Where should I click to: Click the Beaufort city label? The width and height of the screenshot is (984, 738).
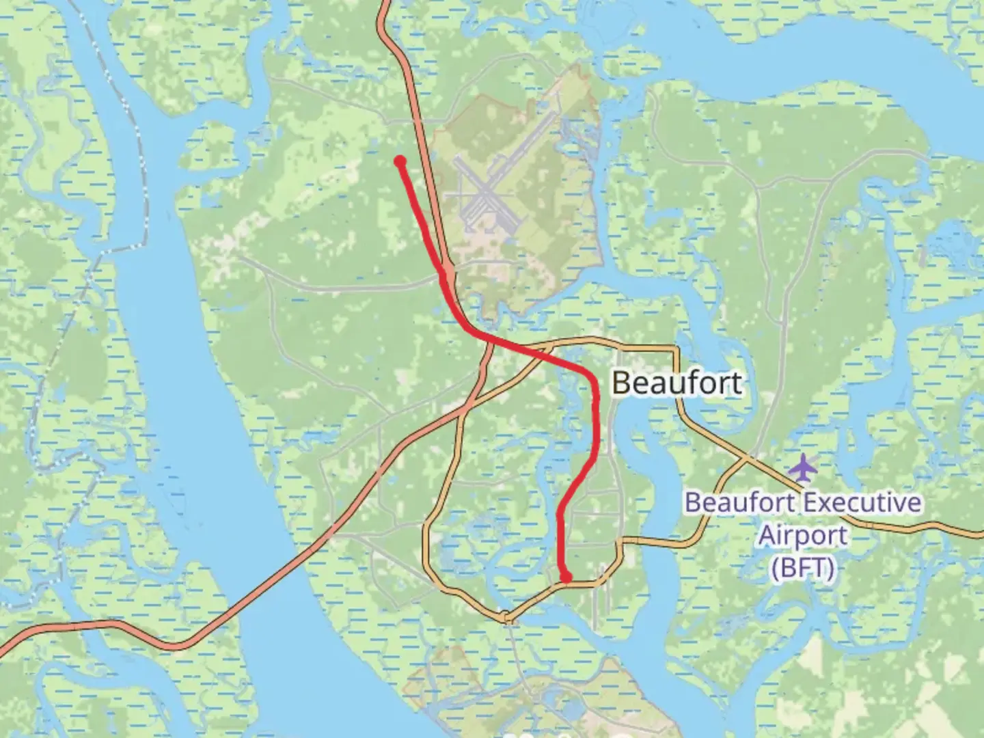pos(676,383)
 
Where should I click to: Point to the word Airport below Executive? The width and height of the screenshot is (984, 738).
pos(803,535)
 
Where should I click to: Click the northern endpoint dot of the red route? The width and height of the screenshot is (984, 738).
pos(400,161)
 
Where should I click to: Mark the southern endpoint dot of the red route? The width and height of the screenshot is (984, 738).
pos(566,577)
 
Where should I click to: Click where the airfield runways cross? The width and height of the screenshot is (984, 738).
pos(487,195)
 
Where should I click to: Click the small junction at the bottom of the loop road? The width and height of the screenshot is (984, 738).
pos(506,616)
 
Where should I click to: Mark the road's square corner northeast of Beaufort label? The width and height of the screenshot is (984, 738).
pos(677,349)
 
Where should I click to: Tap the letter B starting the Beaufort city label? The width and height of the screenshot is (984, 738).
pos(620,383)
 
